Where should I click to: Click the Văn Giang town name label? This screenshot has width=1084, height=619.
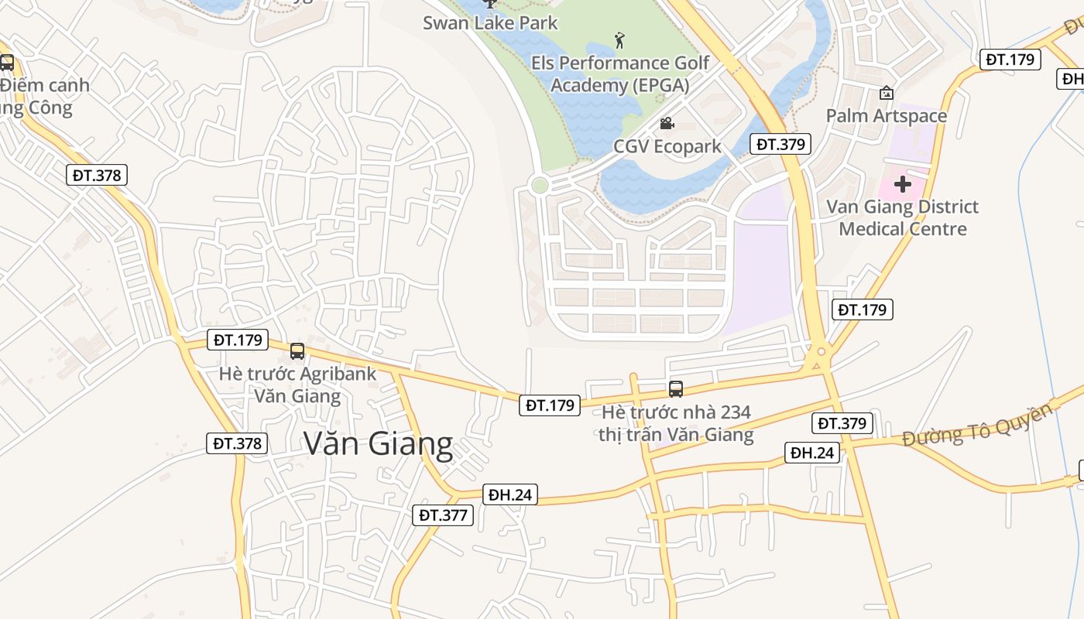pyautogui.click(x=378, y=444)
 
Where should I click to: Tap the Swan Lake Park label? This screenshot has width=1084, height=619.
pyautogui.click(x=490, y=22)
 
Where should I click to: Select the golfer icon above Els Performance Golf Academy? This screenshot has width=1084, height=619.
pyautogui.click(x=619, y=39)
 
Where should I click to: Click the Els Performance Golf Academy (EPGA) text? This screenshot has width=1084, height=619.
pyautogui.click(x=619, y=74)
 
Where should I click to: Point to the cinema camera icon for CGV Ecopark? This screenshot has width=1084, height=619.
pyautogui.click(x=666, y=123)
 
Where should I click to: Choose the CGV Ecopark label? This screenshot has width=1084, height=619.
pyautogui.click(x=667, y=146)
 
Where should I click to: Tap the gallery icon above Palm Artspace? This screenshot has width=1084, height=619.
pyautogui.click(x=886, y=93)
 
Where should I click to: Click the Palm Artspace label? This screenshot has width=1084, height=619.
pyautogui.click(x=886, y=116)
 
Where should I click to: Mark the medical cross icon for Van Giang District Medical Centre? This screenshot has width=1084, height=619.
pyautogui.click(x=902, y=184)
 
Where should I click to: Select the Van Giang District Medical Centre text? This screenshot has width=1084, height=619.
pyautogui.click(x=902, y=217)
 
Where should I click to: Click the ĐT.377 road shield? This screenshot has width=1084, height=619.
pyautogui.click(x=442, y=515)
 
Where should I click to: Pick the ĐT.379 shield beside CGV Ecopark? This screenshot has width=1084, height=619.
pyautogui.click(x=780, y=144)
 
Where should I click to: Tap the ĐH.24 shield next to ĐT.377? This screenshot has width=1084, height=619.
pyautogui.click(x=509, y=494)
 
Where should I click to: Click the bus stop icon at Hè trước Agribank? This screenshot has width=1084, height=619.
pyautogui.click(x=297, y=351)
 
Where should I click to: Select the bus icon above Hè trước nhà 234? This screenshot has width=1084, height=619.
pyautogui.click(x=675, y=389)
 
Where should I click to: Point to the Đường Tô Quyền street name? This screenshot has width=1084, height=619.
pyautogui.click(x=977, y=425)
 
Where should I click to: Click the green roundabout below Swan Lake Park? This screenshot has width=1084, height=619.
pyautogui.click(x=540, y=185)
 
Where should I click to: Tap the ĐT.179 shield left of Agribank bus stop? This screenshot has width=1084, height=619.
pyautogui.click(x=238, y=340)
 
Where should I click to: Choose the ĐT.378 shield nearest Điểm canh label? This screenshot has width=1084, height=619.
pyautogui.click(x=97, y=175)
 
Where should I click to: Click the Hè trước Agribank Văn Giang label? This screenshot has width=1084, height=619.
pyautogui.click(x=297, y=385)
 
